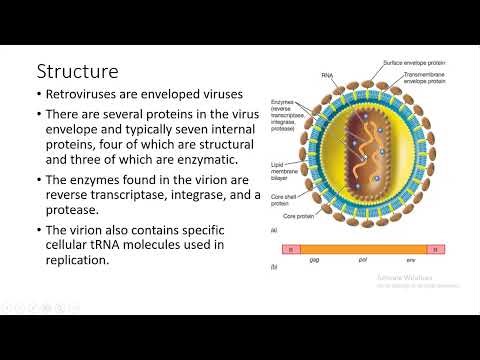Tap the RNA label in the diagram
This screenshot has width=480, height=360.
(x=327, y=73)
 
